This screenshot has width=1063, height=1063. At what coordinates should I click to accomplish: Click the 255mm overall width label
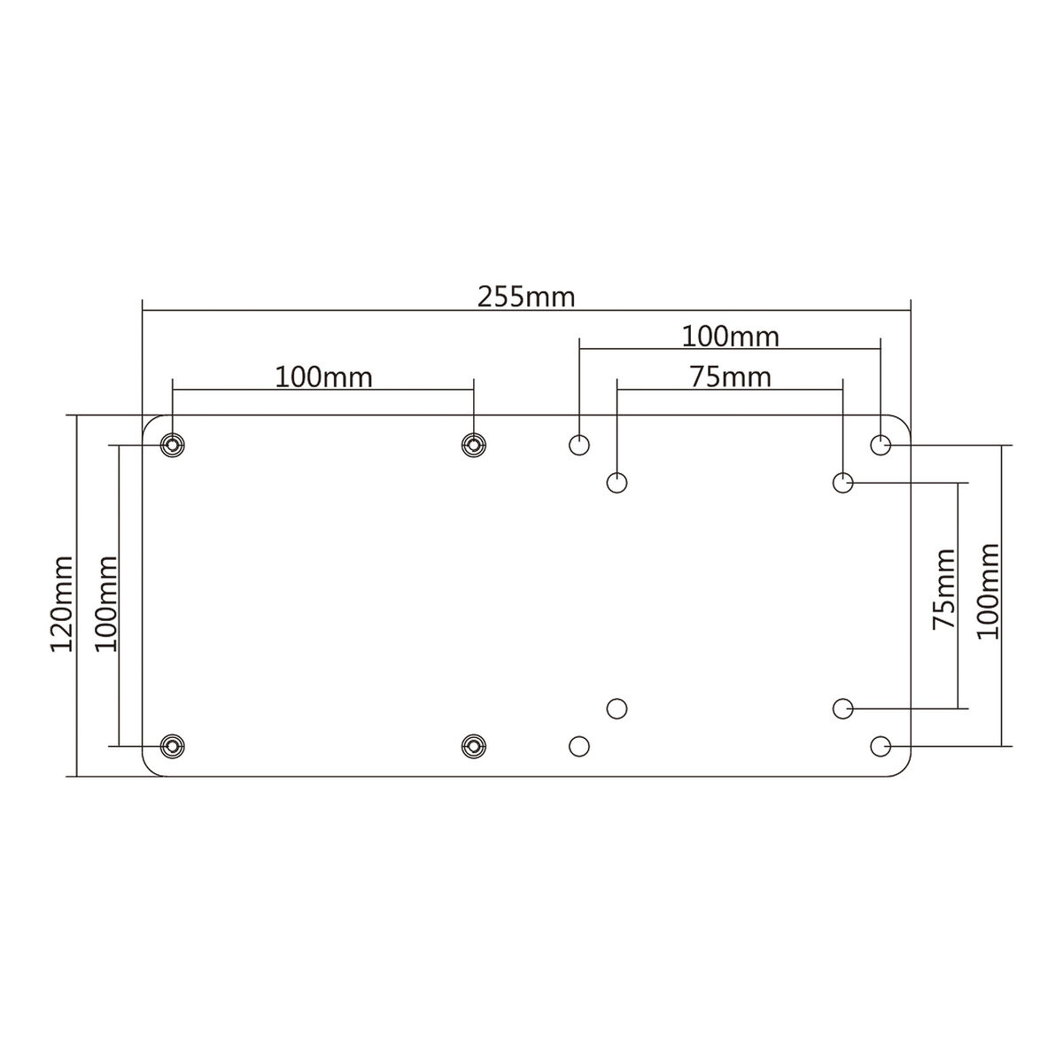click(526, 296)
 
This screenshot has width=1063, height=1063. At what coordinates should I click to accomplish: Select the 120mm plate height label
click(62, 604)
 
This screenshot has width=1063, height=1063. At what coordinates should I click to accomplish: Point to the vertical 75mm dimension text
click(944, 588)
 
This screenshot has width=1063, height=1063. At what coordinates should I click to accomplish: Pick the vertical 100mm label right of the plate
click(987, 591)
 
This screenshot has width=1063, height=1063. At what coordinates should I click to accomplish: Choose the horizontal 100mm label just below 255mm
click(730, 337)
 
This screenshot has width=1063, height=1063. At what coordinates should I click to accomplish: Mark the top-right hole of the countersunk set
click(474, 445)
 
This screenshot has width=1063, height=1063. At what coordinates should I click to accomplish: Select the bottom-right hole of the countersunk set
click(474, 746)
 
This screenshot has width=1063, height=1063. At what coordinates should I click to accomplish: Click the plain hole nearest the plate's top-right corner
click(881, 445)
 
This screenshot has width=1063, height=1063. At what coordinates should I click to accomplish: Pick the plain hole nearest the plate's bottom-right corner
click(881, 746)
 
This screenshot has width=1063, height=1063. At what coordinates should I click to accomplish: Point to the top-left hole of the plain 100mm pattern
click(579, 445)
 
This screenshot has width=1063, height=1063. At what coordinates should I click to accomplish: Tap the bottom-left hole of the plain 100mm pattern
click(579, 746)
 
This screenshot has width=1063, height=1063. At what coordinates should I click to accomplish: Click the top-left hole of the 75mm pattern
click(617, 483)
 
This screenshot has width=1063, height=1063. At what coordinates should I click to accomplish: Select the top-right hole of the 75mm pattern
click(843, 483)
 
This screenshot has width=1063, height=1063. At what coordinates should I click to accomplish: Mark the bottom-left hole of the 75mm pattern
click(617, 708)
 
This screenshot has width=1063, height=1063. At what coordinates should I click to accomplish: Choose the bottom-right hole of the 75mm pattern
click(843, 708)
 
